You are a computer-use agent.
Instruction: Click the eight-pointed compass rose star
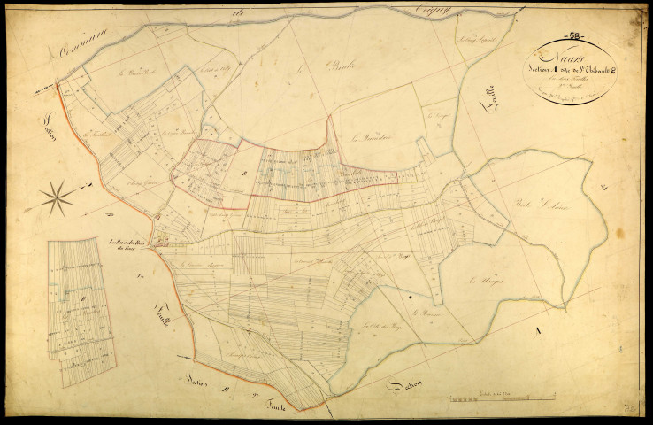tap(57, 196)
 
